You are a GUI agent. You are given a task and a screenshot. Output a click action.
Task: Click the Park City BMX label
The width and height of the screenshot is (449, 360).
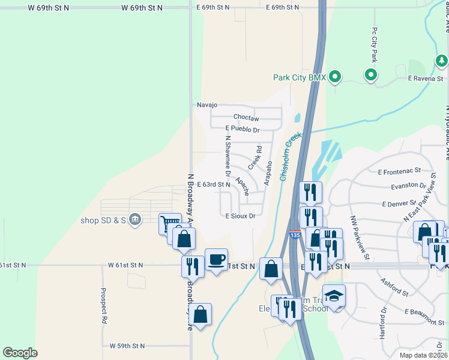[x=299, y=77]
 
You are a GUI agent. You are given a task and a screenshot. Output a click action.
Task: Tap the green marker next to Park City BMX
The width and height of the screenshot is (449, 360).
[x=336, y=77]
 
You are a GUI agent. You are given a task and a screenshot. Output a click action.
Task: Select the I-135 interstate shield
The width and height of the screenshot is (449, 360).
[x=294, y=236]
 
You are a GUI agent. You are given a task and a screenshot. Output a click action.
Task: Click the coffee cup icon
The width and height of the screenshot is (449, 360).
[x=216, y=260]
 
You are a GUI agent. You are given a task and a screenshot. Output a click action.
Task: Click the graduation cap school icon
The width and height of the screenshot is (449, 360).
[x=334, y=296]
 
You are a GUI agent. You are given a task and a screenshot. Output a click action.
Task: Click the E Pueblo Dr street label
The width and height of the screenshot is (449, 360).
[x=243, y=129]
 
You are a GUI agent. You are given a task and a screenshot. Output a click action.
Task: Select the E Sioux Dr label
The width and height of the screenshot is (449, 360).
[x=241, y=215]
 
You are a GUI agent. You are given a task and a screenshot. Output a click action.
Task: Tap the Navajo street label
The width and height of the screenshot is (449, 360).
[x=206, y=104]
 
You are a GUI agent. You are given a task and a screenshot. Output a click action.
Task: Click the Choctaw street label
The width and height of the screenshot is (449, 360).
[x=246, y=117]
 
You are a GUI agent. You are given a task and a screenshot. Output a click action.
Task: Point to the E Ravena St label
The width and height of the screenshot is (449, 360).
[x=425, y=79]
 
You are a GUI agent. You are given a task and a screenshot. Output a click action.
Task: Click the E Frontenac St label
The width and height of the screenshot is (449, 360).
[x=399, y=172]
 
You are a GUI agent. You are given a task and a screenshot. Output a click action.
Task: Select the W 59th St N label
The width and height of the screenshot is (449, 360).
[x=127, y=346]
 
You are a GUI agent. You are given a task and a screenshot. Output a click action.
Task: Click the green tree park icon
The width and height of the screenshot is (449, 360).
[x=441, y=61]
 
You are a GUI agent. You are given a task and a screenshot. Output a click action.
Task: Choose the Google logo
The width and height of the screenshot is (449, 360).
[x=20, y=353]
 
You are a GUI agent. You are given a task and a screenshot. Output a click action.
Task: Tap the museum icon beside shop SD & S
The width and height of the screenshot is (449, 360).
[x=136, y=219]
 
